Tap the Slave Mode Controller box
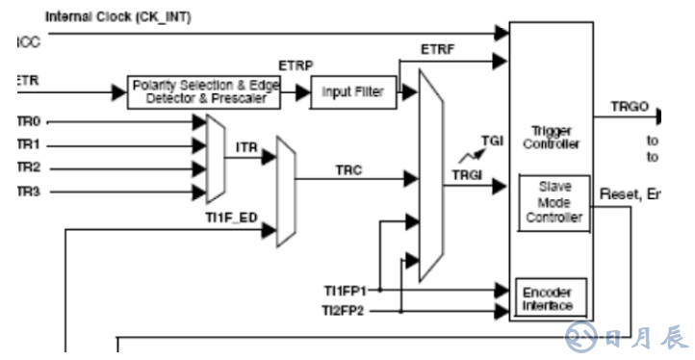pos(553,202)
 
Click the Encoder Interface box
pos(547,298)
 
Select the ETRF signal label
pos(438,47)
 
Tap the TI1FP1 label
pos(344,289)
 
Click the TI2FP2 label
pos(344,311)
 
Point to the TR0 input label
pos(29,122)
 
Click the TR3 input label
pos(29,191)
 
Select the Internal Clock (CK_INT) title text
pos(107,16)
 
